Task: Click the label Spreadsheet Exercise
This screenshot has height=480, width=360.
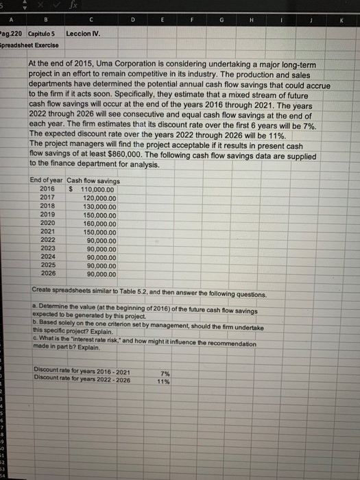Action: (30, 45)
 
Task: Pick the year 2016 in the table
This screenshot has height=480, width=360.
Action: (48, 189)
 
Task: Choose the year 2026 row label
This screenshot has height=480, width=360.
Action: (48, 275)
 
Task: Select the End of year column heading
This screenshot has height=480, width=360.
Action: (47, 180)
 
